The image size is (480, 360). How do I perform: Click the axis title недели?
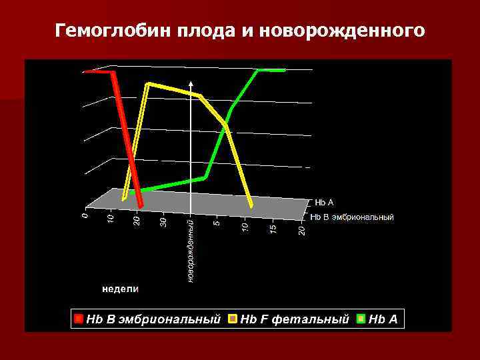click(120, 289)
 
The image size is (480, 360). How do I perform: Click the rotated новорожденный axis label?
click(191, 249)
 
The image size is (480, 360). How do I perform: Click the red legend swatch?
click(79, 319)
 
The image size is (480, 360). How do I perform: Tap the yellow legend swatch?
click(233, 319)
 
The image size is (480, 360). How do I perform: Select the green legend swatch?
click(361, 319)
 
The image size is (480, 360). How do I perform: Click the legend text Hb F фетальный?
click(294, 319)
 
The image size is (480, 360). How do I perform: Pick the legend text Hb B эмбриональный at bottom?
click(153, 319)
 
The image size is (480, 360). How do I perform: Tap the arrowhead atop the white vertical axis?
click(191, 83)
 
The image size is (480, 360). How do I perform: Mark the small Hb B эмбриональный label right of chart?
click(353, 217)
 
